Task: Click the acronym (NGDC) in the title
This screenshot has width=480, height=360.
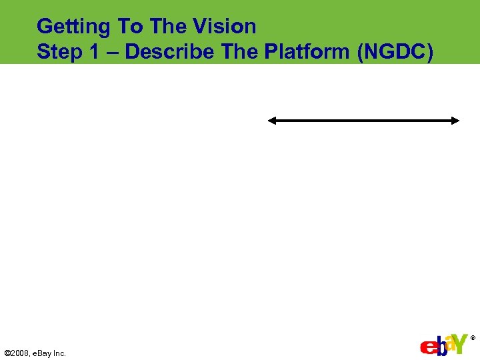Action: point(395,52)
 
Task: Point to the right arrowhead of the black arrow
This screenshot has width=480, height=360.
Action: point(455,121)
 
